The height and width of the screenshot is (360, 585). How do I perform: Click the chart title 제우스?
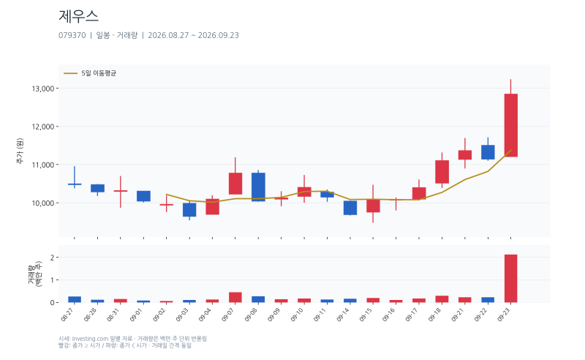[78, 16]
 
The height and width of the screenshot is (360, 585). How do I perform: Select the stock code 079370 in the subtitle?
[72, 35]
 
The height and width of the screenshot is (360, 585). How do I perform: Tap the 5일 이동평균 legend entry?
[90, 73]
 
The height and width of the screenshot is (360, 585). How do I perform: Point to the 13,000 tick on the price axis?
[43, 89]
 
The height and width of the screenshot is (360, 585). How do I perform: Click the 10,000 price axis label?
[43, 203]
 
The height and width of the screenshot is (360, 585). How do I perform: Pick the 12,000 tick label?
[43, 127]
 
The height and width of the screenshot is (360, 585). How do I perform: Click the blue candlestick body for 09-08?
[258, 187]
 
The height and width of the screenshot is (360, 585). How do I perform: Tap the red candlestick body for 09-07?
[235, 184]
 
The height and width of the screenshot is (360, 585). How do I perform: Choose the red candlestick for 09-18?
[442, 172]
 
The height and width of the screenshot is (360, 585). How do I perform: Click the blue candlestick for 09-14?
[350, 208]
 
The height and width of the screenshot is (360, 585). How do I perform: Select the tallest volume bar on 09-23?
[510, 279]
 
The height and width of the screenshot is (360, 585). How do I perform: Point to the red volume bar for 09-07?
[235, 297]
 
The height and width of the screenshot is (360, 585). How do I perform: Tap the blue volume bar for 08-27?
[75, 299]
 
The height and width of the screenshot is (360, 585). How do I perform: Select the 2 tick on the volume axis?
[52, 258]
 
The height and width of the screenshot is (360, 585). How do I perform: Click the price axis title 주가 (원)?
[20, 151]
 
